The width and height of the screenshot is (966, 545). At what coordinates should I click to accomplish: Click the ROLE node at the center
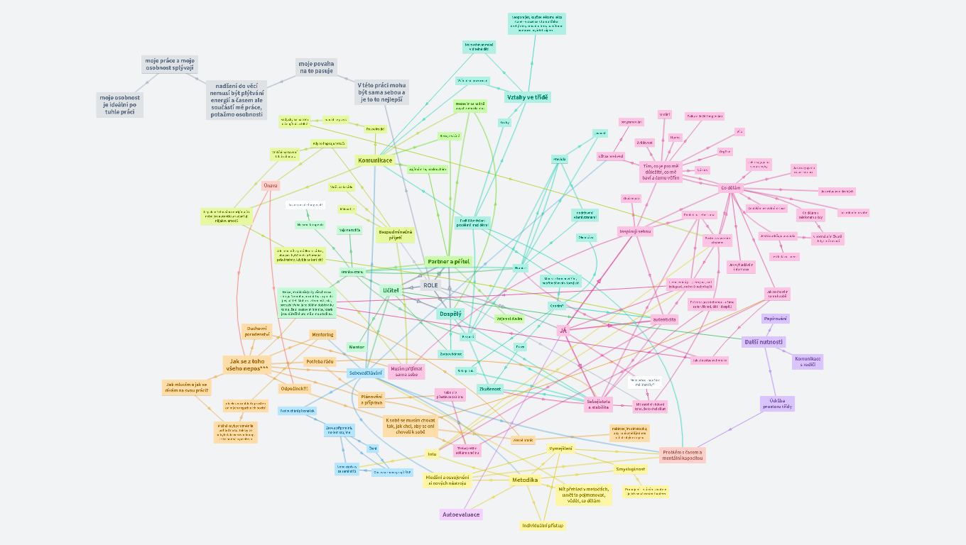[430, 285]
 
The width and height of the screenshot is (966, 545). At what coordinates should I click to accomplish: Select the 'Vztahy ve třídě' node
[527, 97]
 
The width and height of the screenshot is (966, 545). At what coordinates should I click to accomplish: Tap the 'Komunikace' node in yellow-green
[374, 160]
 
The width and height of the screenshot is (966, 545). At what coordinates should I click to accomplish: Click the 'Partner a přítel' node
[448, 262]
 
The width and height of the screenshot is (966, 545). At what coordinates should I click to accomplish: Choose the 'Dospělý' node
[450, 313]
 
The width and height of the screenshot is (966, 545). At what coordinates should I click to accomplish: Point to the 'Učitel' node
[391, 290]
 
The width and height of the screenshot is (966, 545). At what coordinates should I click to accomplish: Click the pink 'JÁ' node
[563, 330]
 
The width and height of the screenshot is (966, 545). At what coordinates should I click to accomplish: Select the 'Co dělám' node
[730, 188]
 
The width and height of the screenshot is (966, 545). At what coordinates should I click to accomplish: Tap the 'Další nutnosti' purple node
[763, 342]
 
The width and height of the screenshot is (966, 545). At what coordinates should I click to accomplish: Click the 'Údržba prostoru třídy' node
[777, 403]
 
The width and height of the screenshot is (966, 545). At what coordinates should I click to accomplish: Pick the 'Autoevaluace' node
[461, 514]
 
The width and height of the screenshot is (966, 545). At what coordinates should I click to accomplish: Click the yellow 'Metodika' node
[525, 480]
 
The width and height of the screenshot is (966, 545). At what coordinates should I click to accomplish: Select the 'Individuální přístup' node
[543, 526]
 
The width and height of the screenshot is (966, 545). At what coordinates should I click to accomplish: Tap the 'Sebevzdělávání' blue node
[366, 373]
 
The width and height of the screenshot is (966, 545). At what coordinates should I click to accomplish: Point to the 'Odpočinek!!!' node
[294, 388]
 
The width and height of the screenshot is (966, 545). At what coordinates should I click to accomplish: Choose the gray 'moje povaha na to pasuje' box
[316, 67]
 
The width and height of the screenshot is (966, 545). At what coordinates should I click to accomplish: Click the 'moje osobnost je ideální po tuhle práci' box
[119, 104]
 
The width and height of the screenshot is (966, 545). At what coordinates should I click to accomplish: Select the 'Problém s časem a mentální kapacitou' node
[682, 455]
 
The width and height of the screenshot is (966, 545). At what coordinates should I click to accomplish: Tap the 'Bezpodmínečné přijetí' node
[395, 235]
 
